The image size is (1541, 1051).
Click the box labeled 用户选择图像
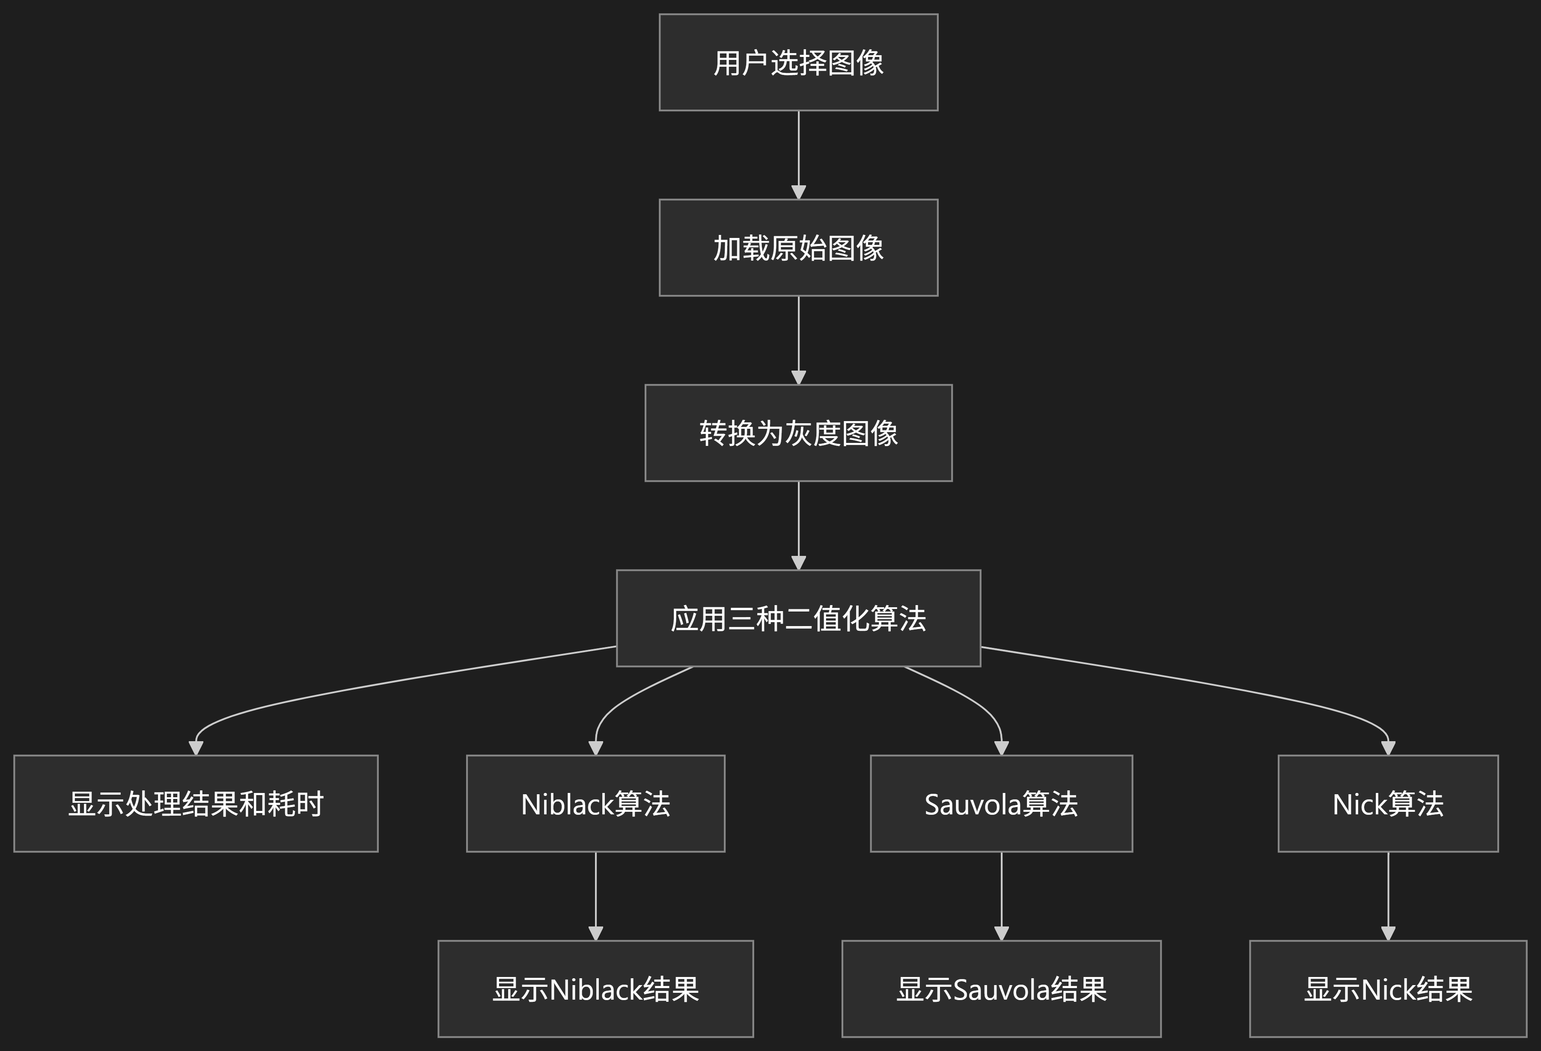click(x=798, y=62)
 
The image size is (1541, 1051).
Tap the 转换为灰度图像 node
click(x=798, y=433)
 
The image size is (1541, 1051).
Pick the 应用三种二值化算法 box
click(x=798, y=618)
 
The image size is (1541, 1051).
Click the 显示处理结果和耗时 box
click(x=196, y=804)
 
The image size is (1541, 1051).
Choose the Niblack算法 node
click(x=595, y=804)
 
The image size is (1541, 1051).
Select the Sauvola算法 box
click(x=1001, y=804)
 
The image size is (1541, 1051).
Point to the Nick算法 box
click(x=1388, y=804)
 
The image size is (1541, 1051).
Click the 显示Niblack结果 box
click(x=595, y=989)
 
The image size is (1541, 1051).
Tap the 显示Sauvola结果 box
click(x=1001, y=989)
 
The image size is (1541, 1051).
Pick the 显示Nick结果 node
click(x=1388, y=989)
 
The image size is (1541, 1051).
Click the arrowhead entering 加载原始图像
click(x=798, y=192)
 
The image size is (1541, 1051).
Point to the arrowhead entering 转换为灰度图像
click(x=798, y=377)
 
